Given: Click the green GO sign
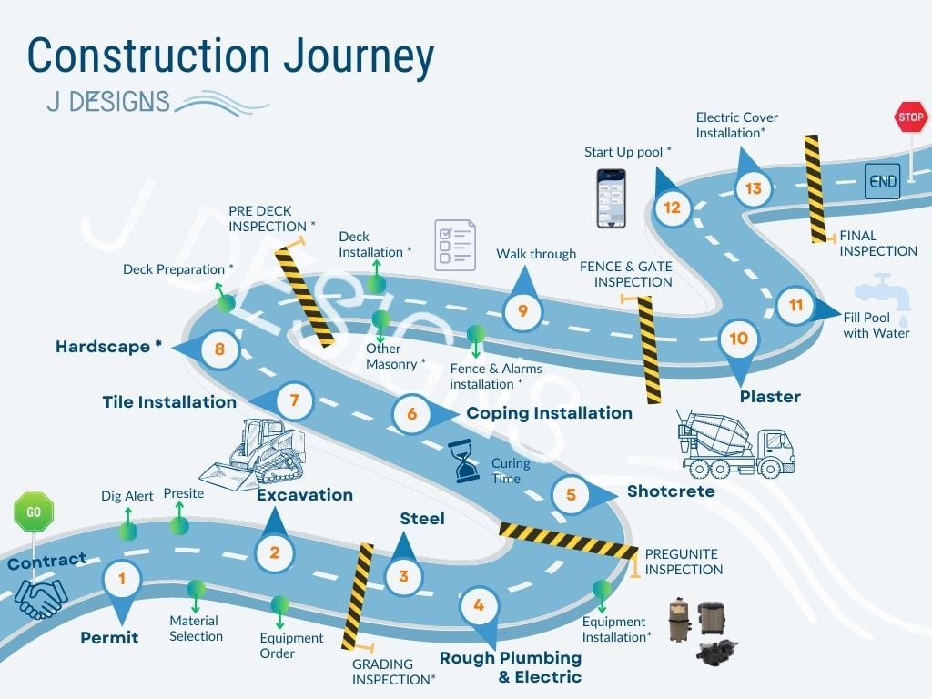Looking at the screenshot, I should (34, 512).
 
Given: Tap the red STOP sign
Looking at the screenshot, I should (910, 117).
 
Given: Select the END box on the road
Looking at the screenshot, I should (883, 181).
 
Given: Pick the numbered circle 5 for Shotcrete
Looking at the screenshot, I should (571, 494).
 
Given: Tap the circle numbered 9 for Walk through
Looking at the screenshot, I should (522, 311).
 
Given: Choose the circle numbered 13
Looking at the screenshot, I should (753, 188).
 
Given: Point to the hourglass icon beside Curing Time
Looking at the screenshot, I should (467, 461).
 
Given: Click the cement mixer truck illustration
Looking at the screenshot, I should (735, 443).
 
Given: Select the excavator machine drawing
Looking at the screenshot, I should (258, 455).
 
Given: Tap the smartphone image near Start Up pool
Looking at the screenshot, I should (611, 198).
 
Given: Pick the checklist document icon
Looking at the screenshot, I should (454, 244).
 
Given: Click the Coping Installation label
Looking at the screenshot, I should (549, 413).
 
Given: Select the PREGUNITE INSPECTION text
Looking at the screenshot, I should (684, 562).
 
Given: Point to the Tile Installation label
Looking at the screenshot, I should (169, 401).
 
